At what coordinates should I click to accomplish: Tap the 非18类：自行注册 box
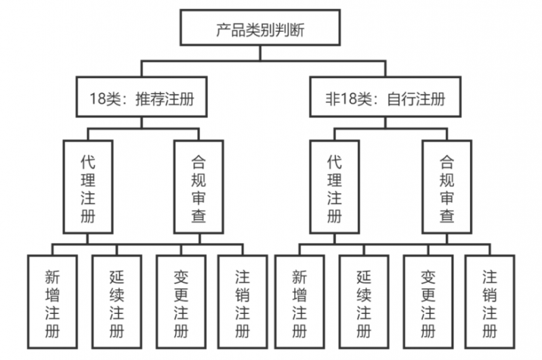coord(385,99)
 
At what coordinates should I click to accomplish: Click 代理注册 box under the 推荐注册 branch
coord(87,186)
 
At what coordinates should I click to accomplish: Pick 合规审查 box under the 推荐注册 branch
coord(199,186)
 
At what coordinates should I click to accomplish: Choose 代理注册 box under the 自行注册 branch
coord(334,186)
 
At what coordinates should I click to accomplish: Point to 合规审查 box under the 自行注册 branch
coord(446,186)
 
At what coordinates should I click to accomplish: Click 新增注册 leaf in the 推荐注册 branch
coord(52,303)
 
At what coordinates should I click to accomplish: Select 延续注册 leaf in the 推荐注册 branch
coord(117,303)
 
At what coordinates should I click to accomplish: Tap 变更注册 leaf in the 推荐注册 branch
coord(181,303)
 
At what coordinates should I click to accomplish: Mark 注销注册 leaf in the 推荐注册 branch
coord(243,303)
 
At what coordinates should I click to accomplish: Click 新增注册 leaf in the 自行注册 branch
coord(299,303)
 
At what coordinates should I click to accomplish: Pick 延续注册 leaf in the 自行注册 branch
coord(364,303)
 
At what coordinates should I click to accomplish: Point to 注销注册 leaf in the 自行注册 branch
coord(490,303)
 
